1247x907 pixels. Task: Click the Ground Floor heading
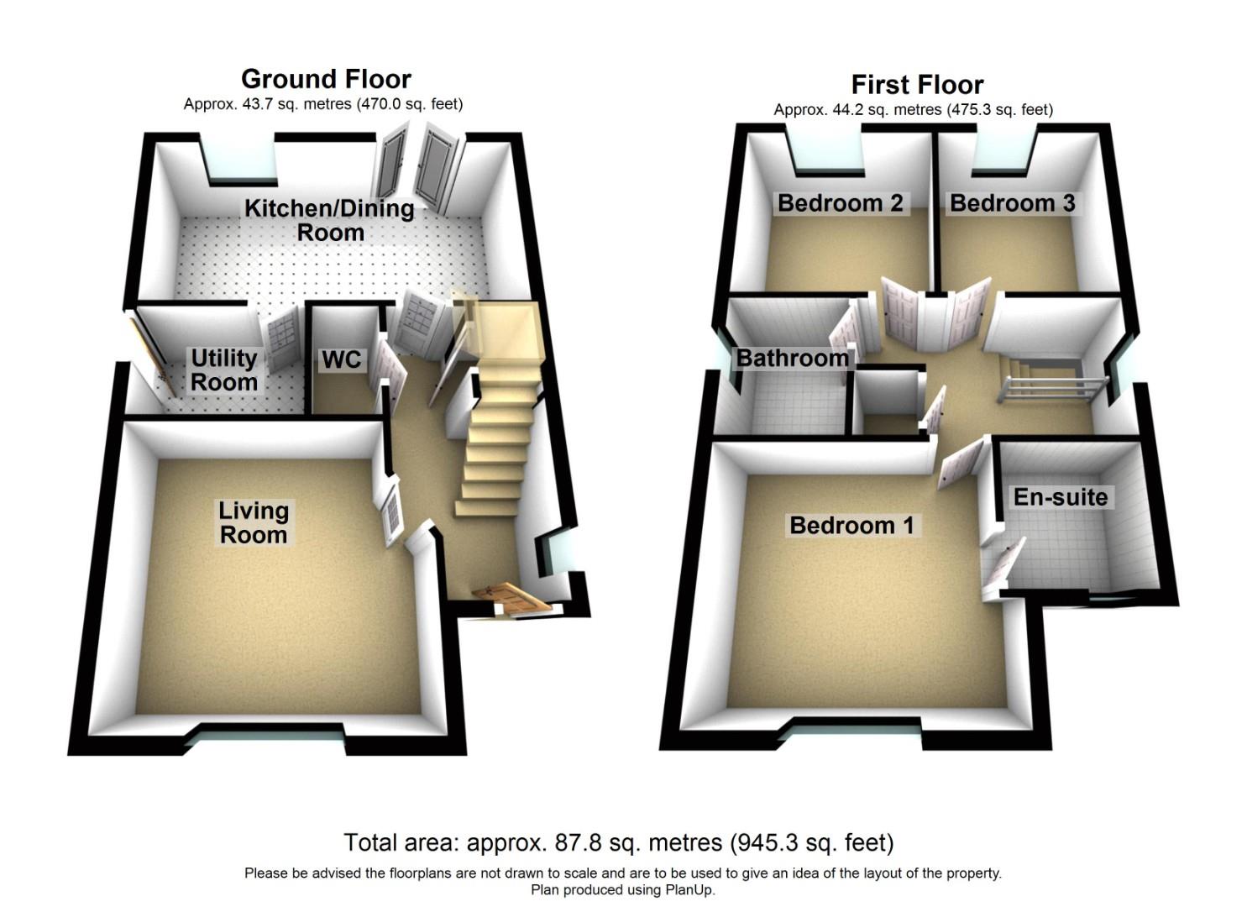[x=326, y=79]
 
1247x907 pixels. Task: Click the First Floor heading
[x=917, y=85]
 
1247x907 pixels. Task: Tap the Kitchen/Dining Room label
[x=329, y=220]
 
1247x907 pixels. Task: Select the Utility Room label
[x=223, y=370]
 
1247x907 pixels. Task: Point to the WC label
[x=342, y=360]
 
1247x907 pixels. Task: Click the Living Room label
[x=253, y=522]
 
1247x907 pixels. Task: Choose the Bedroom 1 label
[x=851, y=526]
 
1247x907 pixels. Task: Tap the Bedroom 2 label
[x=840, y=203]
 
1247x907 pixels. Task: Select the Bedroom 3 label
[x=1012, y=203]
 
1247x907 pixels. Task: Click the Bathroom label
[x=792, y=359]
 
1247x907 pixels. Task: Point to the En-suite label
[x=1060, y=497]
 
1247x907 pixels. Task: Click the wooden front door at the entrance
[x=511, y=598]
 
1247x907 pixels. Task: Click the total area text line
[x=618, y=842]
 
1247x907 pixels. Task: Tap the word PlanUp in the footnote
[x=689, y=890]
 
